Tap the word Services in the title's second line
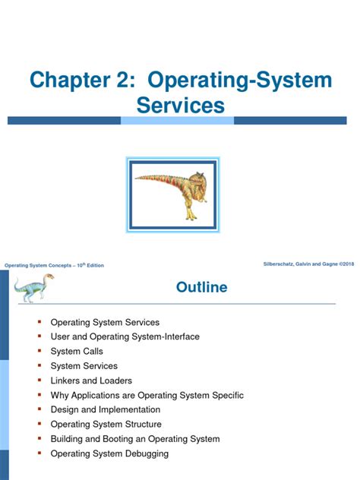click(x=181, y=106)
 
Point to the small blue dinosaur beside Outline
click(x=29, y=289)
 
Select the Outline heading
click(x=201, y=287)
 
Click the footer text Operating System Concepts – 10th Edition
click(x=54, y=265)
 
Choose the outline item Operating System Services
click(x=105, y=323)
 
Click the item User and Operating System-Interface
click(x=120, y=337)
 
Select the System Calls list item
click(x=77, y=352)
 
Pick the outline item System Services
click(x=84, y=366)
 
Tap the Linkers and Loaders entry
click(x=91, y=381)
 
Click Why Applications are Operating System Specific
click(x=147, y=395)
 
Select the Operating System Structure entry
click(x=106, y=425)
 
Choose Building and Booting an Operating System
click(x=134, y=439)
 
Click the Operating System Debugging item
click(x=109, y=453)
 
